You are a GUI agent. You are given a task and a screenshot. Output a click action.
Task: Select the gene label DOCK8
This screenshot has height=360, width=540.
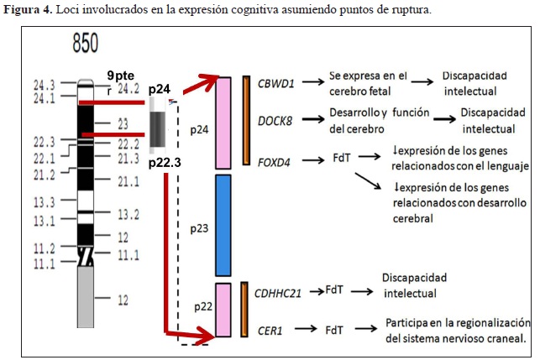[275, 122]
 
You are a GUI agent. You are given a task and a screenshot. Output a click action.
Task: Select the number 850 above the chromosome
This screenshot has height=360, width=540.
[85, 45]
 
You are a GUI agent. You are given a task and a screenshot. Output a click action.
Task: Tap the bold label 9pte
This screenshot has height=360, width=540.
[121, 75]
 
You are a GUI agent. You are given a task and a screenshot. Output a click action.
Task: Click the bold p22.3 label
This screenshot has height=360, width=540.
[165, 162]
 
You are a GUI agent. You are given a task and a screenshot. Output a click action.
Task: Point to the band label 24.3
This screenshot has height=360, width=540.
[45, 85]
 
